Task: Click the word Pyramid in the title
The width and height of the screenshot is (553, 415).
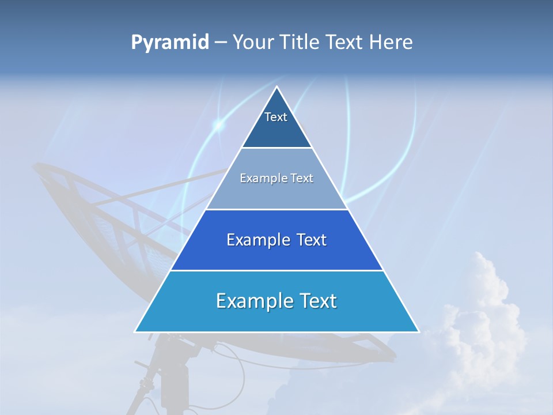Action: click(x=169, y=43)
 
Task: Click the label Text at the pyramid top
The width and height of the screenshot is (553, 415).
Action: click(x=276, y=117)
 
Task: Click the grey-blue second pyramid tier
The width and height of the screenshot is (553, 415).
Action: click(x=276, y=193)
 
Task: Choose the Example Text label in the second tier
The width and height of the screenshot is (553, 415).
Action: click(x=276, y=178)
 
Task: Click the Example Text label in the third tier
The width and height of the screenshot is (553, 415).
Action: click(x=276, y=240)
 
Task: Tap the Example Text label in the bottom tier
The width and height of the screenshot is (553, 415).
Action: click(x=276, y=301)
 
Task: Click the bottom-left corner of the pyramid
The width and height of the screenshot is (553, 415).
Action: click(x=135, y=331)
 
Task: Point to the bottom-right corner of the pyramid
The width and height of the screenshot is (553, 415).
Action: click(x=418, y=331)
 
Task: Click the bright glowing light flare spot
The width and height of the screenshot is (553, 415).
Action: click(x=218, y=124)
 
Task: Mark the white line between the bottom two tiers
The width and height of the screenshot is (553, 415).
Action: click(x=276, y=270)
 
